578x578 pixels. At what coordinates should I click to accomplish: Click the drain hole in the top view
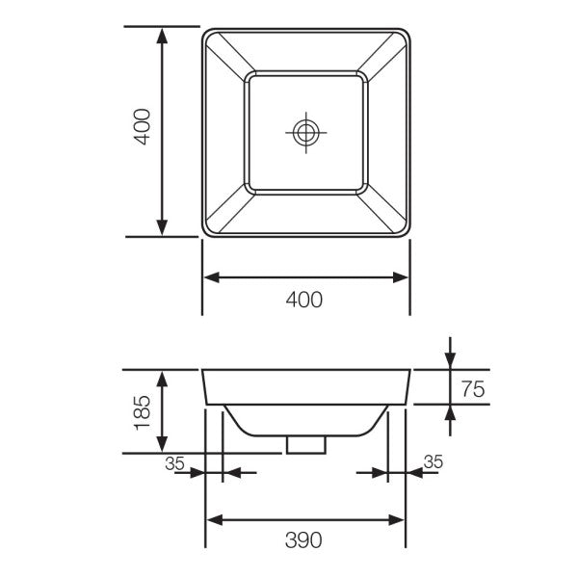[305, 132]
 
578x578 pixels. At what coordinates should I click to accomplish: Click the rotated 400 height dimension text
[143, 127]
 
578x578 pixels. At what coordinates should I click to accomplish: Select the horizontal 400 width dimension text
[304, 300]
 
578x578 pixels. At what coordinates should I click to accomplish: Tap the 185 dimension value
[143, 411]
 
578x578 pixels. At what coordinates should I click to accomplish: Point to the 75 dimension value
[472, 389]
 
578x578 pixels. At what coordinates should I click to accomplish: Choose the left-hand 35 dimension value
[174, 462]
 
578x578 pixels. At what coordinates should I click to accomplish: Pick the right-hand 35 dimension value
[433, 462]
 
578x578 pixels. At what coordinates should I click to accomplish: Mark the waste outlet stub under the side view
[305, 444]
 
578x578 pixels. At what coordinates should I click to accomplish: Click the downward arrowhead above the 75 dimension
[450, 359]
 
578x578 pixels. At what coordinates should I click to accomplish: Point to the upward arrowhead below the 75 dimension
[450, 411]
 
